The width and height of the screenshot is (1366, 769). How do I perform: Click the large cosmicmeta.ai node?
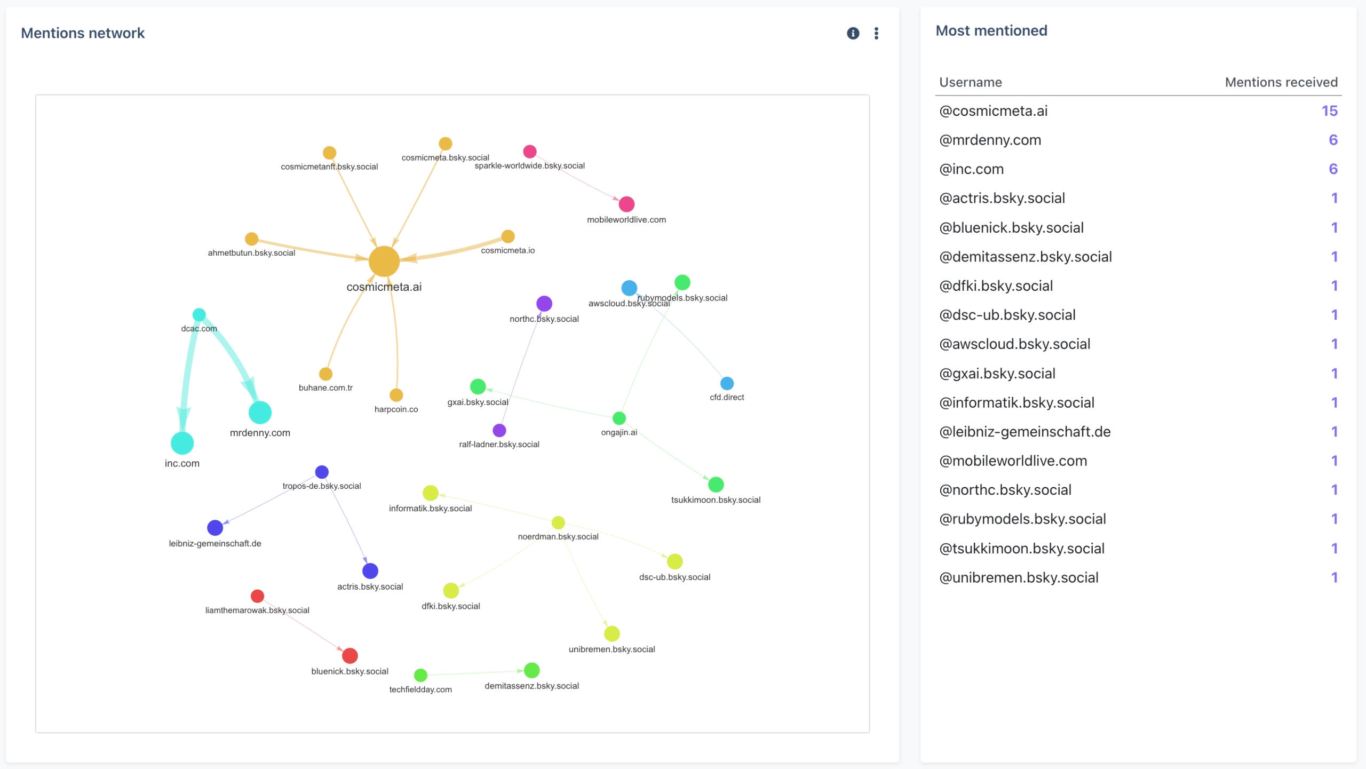(384, 261)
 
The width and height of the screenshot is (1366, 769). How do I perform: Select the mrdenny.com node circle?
(260, 413)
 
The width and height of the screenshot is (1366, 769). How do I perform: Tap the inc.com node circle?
(182, 443)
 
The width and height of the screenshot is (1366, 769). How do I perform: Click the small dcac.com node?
(199, 315)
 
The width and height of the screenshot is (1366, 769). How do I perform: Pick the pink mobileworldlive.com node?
(626, 204)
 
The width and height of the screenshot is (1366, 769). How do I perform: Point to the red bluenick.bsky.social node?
(350, 655)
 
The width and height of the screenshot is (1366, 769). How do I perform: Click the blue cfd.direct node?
(727, 383)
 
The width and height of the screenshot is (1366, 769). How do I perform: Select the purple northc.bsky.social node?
(544, 304)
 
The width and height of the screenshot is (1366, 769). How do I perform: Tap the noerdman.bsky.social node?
(558, 522)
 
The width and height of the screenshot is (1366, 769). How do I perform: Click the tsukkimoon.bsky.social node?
(716, 485)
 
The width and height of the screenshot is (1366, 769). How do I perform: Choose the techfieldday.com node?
(420, 675)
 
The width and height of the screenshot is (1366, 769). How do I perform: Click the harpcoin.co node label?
(396, 409)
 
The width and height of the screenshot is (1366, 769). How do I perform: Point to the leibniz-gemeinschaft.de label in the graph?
(215, 543)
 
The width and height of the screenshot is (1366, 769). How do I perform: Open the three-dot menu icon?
(876, 34)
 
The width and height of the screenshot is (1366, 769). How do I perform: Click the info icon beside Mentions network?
(853, 34)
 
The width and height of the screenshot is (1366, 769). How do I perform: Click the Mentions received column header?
(1281, 82)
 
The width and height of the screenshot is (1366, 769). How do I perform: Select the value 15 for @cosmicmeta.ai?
(1329, 111)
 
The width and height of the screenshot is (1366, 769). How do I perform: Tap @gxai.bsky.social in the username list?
(997, 374)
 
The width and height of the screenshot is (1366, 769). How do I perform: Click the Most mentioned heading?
(991, 31)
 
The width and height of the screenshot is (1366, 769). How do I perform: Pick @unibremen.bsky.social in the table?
(1018, 577)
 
